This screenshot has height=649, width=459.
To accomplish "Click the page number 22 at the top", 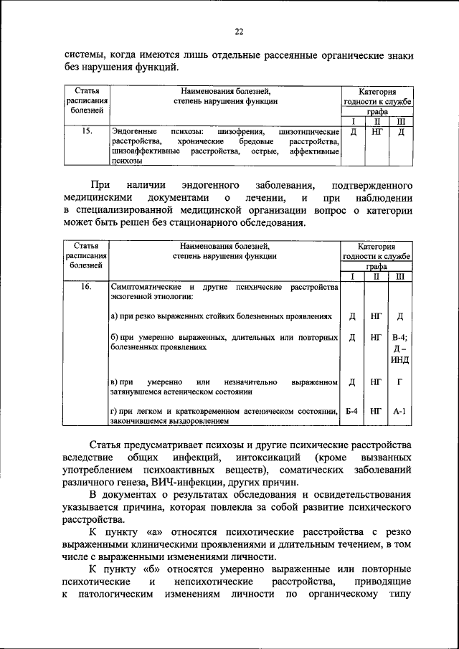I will (x=240, y=30).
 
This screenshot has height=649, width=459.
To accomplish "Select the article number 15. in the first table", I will (x=86, y=132).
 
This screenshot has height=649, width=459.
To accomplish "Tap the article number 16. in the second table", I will (x=86, y=288).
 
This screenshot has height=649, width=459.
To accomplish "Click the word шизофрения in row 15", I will (x=242, y=133).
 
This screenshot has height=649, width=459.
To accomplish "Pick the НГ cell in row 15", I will (x=377, y=133).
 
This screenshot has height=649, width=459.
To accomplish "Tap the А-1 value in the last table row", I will (x=400, y=411).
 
